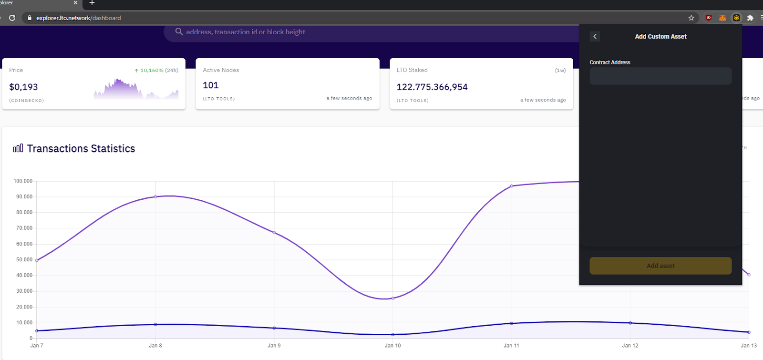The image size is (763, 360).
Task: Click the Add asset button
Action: pos(660,266)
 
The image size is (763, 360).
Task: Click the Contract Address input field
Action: pos(660,76)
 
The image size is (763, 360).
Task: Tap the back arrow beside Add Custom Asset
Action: pos(595,37)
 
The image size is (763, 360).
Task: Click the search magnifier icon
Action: pos(179,31)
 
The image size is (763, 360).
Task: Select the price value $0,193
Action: pos(23,87)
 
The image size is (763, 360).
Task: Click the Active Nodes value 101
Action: pos(211,85)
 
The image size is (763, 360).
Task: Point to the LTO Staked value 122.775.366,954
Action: pos(432,87)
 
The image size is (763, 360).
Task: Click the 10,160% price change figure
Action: pos(152,70)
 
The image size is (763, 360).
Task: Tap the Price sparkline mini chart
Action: pos(136,89)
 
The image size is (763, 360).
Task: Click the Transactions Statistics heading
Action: pos(81,149)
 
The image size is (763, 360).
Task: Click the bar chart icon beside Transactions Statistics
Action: pos(18,148)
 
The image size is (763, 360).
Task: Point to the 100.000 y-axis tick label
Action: pos(23,181)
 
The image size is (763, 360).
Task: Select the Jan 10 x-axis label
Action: pos(393,346)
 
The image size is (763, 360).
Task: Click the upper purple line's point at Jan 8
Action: pos(155,196)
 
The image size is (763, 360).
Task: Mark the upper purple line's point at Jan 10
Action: pos(393,298)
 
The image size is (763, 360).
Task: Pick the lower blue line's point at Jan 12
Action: pos(630,323)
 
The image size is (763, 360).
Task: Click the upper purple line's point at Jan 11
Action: pos(512,186)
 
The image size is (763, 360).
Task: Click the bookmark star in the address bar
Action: pos(691,18)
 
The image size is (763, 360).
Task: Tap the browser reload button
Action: pos(12,18)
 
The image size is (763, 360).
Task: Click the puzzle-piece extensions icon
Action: pos(750,18)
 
